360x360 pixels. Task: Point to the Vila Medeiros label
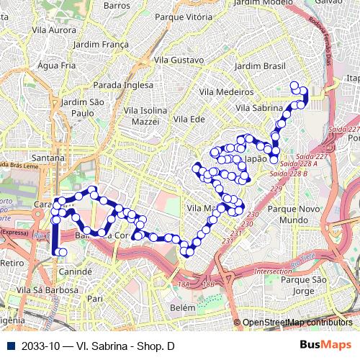pyautogui.click(x=226, y=92)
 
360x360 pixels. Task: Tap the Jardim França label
pyautogui.click(x=96, y=43)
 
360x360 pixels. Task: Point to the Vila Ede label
pyautogui.click(x=189, y=119)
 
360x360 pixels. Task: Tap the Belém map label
pyautogui.click(x=182, y=307)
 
